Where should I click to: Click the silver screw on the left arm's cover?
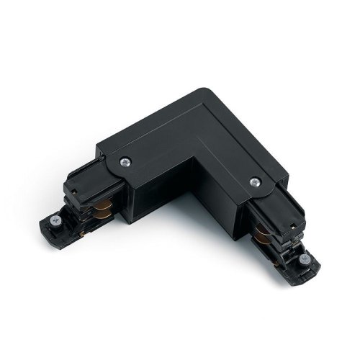point(127,162)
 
